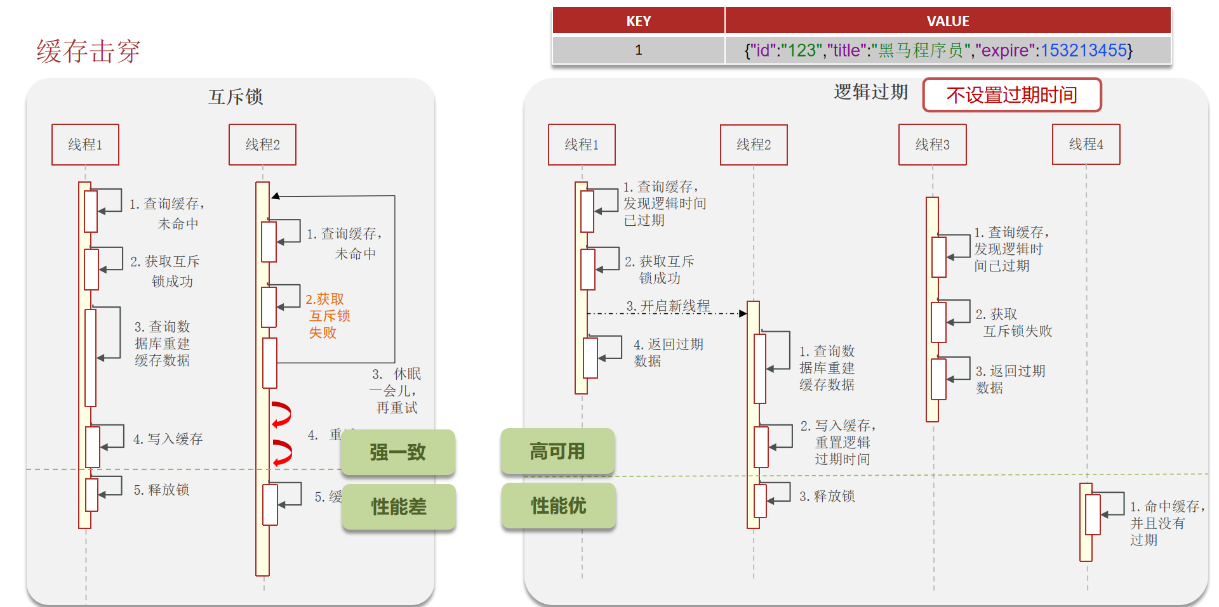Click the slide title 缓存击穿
coord(88,51)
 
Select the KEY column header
coord(638,21)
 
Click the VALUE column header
coord(947,21)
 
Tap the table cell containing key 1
coord(638,50)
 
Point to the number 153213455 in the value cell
coord(1083,50)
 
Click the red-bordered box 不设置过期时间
coord(1011,95)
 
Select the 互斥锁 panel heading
coord(235,97)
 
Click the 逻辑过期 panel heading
coord(870,92)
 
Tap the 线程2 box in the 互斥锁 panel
coord(262,145)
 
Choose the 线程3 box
coord(932,145)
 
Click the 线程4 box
coord(1086,145)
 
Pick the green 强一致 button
coord(398,452)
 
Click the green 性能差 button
coord(398,507)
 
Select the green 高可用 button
coord(557,452)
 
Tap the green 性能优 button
coord(558,506)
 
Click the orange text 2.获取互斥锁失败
coord(328,316)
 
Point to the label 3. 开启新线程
coord(668,306)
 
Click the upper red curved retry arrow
coord(281,414)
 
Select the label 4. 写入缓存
coord(168,439)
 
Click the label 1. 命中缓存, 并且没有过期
coord(1166,523)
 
